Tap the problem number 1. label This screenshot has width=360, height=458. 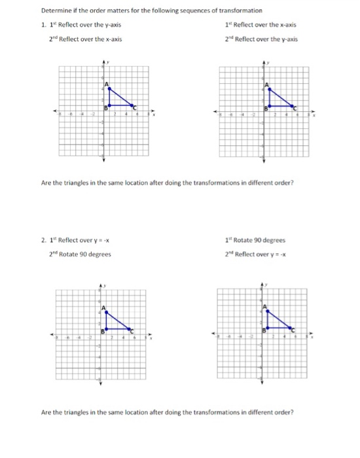[43, 25]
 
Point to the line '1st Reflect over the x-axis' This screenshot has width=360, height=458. [260, 25]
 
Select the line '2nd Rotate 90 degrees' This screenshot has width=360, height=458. [82, 254]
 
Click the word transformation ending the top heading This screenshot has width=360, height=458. [242, 11]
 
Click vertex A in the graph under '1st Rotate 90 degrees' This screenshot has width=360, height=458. [265, 309]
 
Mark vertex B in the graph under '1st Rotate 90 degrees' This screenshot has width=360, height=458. [265, 328]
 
